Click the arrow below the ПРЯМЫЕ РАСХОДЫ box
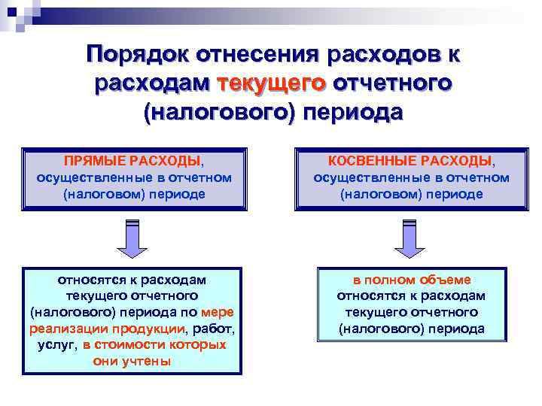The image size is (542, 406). point(132,238)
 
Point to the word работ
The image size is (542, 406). point(214,329)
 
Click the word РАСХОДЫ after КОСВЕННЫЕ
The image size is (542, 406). point(456,161)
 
